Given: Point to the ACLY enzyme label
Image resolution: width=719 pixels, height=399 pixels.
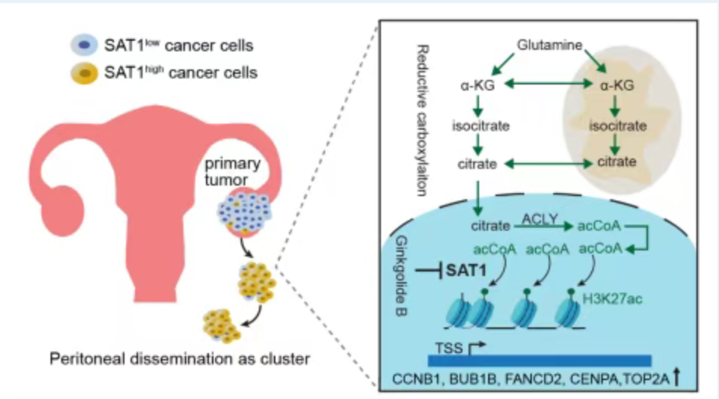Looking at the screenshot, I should click(537, 219).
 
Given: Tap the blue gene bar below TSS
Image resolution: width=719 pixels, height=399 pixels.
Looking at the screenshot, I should click(528, 361).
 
